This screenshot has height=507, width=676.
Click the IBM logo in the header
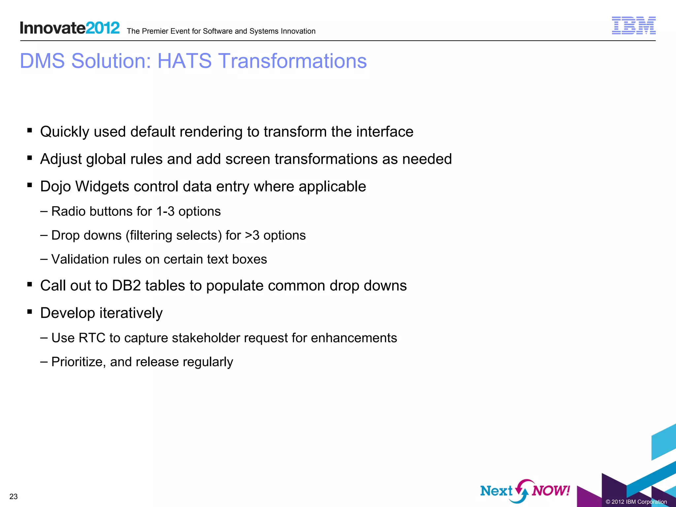point(633,25)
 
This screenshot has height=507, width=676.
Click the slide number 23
point(14,496)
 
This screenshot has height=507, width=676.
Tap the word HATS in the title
point(184,61)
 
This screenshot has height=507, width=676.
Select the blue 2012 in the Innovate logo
point(103,28)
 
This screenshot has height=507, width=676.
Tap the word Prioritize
point(79,362)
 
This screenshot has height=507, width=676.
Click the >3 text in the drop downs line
point(252,235)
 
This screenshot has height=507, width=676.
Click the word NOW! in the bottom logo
point(551,491)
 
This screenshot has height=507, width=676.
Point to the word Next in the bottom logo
point(496,491)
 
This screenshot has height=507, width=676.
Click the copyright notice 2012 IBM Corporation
point(636,502)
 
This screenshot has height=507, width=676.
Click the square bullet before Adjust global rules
point(30,158)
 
